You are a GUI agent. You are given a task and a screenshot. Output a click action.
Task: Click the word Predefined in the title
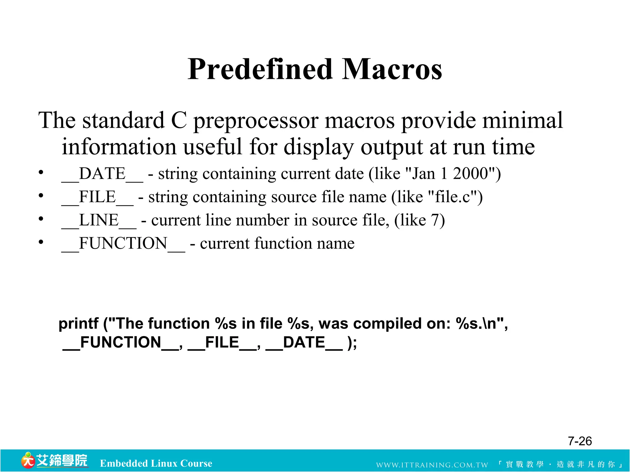click(260, 69)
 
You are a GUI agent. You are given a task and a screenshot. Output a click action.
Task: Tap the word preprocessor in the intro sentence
click(255, 121)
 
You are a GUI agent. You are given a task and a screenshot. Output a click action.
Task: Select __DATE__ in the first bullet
click(102, 174)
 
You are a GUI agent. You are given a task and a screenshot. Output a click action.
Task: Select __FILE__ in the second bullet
click(98, 197)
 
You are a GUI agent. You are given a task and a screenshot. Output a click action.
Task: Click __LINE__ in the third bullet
click(99, 221)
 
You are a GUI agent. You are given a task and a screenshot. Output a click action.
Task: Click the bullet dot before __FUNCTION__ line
click(41, 242)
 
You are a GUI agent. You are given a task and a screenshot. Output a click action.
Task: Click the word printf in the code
click(78, 324)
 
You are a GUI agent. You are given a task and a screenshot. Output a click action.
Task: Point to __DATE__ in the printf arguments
click(304, 343)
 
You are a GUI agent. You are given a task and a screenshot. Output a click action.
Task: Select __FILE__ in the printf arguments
click(222, 343)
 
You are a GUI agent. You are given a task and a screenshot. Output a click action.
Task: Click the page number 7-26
click(580, 441)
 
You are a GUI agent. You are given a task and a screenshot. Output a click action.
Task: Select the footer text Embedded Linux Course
click(156, 463)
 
